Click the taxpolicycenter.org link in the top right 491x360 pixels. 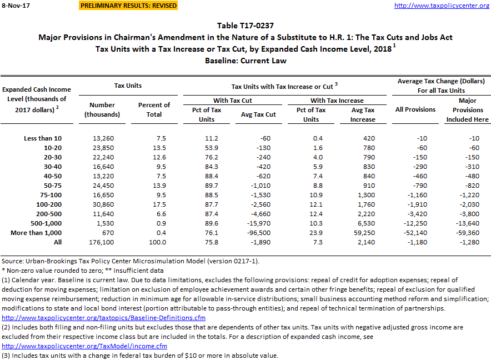pyautogui.click(x=442, y=6)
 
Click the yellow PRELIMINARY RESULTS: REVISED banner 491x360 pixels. pyautogui.click(x=129, y=6)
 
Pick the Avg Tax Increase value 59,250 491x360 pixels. pyautogui.click(x=363, y=233)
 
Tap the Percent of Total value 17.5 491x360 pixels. pyautogui.click(x=154, y=204)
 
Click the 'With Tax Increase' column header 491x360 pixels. pyautogui.click(x=337, y=101)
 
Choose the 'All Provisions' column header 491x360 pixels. pyautogui.click(x=415, y=109)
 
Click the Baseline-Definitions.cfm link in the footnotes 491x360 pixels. pyautogui.click(x=104, y=318)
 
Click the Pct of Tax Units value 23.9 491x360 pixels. pyautogui.click(x=311, y=233)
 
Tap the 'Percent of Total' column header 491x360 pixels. pyautogui.click(x=154, y=109)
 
